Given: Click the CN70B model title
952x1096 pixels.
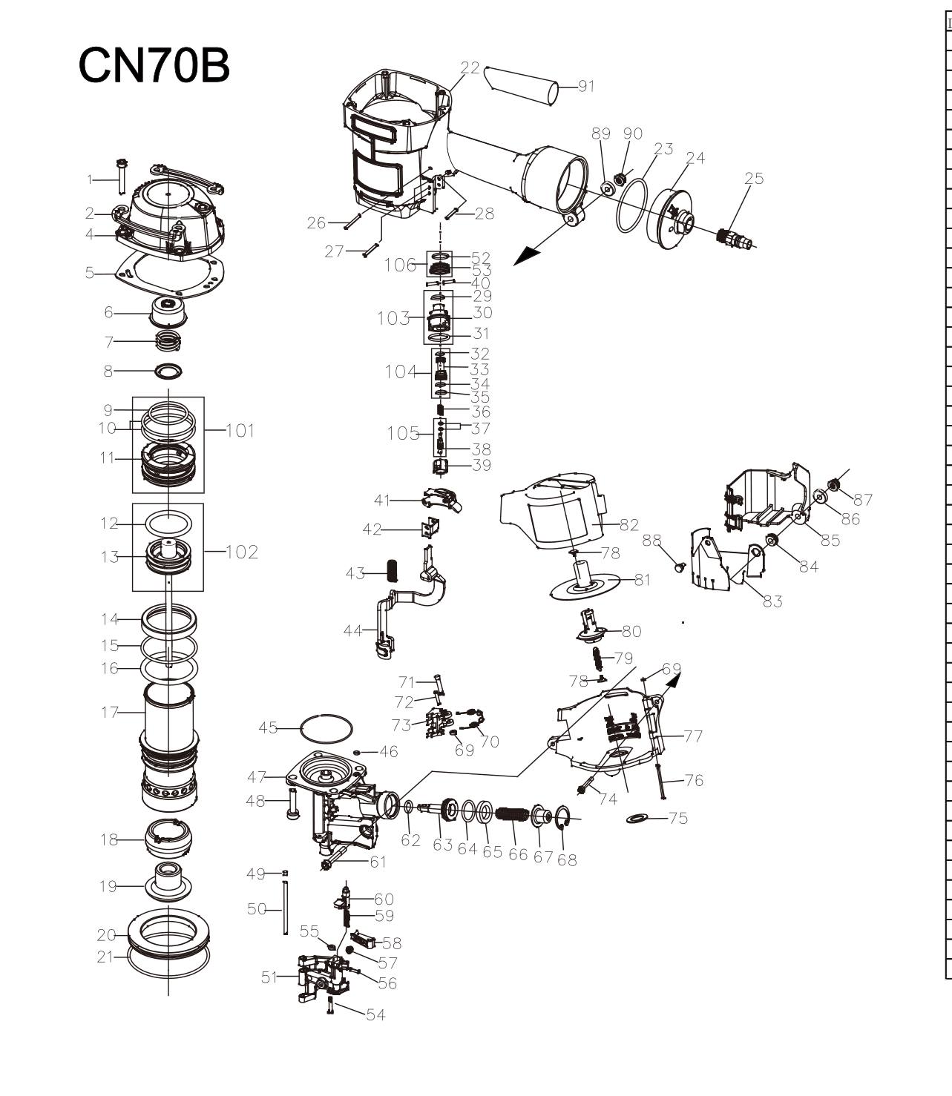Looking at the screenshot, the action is (x=154, y=65).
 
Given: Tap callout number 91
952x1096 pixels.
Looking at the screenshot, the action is (x=586, y=86).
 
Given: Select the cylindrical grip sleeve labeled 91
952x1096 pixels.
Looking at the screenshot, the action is (x=521, y=86).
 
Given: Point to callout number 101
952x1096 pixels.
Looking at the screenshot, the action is (x=240, y=430).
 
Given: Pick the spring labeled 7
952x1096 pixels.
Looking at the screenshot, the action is (x=168, y=340).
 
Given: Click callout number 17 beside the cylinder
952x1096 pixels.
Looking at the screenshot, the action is (x=109, y=712).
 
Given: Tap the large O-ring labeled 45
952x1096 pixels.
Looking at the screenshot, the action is (x=326, y=728).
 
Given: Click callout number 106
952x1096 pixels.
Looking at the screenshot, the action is (x=400, y=265).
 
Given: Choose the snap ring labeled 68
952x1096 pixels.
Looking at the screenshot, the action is (x=563, y=817).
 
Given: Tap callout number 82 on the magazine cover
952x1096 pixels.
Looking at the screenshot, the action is (x=629, y=525).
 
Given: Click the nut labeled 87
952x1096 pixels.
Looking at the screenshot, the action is (x=833, y=485).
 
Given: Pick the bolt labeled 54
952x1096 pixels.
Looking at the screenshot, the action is (x=330, y=1006).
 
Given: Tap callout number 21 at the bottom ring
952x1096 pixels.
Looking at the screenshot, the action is (x=105, y=957).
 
